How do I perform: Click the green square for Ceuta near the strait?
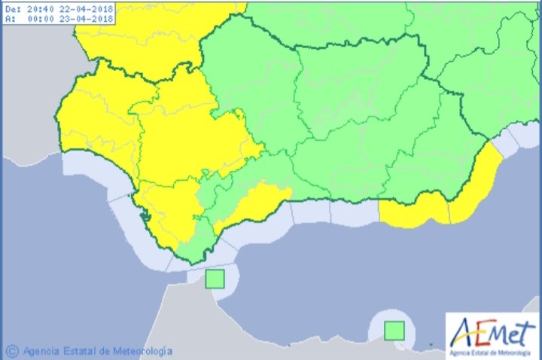215,279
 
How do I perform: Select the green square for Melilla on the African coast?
394,330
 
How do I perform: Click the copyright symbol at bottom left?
11,351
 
